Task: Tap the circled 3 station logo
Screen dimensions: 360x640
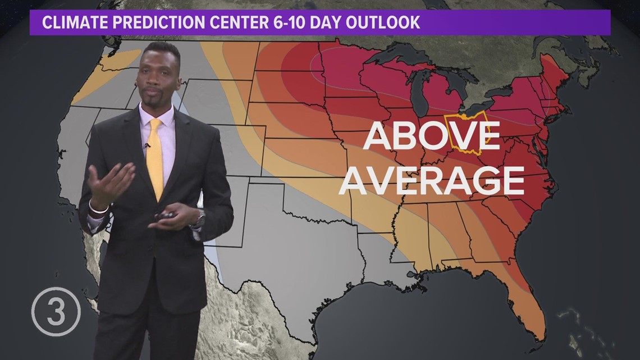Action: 56,311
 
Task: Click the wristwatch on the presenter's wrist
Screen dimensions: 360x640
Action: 199,220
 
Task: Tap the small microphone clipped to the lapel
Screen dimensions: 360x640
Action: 148,145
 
